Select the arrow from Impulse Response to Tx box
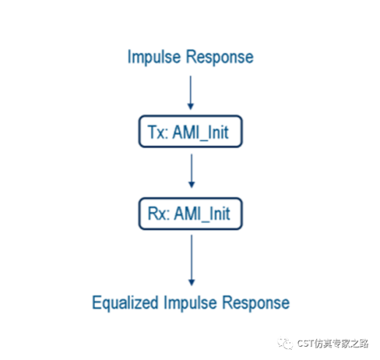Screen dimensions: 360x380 click(x=191, y=91)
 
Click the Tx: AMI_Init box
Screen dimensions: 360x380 click(x=190, y=133)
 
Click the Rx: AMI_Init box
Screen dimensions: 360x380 click(x=190, y=214)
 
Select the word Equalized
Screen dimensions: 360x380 click(x=122, y=302)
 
